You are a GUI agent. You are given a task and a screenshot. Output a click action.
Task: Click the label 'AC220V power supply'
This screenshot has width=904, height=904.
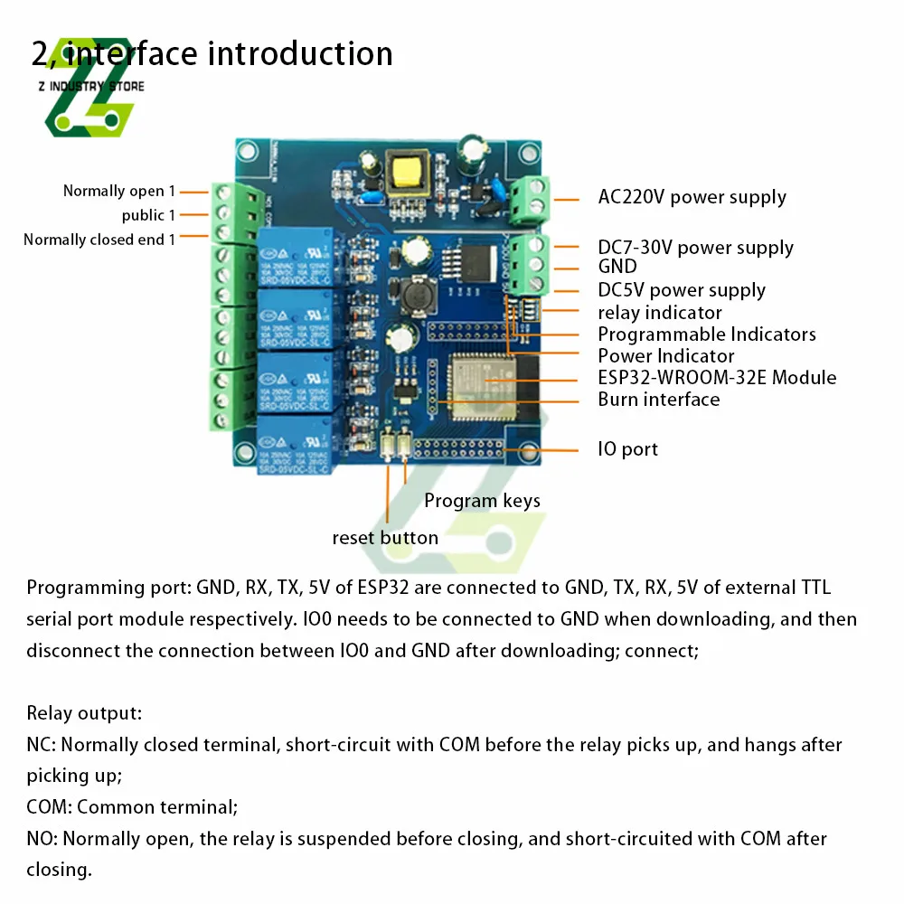692,197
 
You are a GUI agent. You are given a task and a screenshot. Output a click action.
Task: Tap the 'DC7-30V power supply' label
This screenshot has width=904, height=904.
695,248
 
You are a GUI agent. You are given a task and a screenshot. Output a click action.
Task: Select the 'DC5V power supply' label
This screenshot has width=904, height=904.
682,290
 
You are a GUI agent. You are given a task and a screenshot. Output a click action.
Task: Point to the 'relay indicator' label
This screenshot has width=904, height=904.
660,313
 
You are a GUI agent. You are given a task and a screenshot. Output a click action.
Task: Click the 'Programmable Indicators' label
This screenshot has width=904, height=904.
707,334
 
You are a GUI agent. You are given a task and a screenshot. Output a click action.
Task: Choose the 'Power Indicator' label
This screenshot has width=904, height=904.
666,356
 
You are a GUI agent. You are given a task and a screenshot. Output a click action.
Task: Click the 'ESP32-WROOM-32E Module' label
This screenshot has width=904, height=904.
717,378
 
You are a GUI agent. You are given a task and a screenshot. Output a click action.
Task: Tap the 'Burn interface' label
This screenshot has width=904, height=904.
659,400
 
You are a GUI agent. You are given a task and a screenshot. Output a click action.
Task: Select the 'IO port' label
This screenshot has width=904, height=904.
627,449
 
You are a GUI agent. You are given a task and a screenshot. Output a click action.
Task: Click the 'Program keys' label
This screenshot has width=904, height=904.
482,501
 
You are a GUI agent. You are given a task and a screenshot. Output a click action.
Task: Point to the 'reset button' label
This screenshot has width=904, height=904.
385,538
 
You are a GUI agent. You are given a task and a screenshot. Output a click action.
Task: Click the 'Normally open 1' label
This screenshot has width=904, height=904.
115,191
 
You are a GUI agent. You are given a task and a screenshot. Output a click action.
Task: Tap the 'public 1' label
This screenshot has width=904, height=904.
148,215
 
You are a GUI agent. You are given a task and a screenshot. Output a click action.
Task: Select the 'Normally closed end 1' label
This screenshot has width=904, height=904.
99,240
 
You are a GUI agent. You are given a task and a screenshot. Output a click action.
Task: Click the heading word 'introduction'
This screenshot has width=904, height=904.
300,53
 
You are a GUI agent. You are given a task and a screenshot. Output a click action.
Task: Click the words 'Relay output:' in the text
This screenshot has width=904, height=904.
84,713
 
